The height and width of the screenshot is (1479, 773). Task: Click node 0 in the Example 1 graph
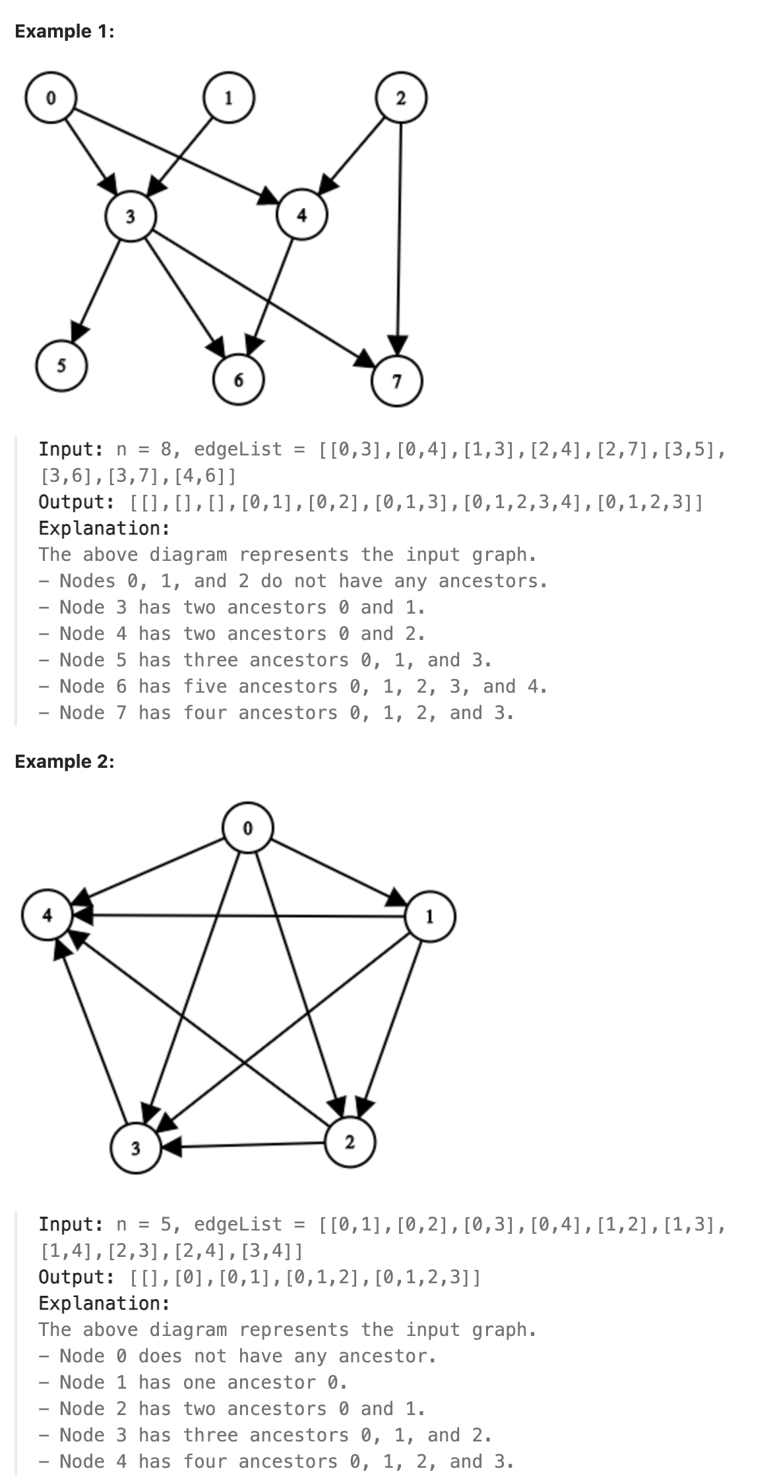pos(50,98)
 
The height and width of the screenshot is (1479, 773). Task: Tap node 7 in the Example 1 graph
pos(397,381)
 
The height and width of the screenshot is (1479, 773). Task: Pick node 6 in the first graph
pos(239,380)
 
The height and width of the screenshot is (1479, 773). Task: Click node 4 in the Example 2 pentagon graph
pos(47,915)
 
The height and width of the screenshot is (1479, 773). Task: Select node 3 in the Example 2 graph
pos(135,1149)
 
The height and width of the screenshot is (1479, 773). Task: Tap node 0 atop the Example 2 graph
pos(248,828)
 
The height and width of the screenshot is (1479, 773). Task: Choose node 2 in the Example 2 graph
pos(350,1142)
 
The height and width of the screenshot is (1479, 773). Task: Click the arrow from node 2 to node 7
pos(399,231)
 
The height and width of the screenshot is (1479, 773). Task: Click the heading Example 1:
pos(64,31)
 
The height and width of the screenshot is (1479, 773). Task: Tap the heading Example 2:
pos(64,761)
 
